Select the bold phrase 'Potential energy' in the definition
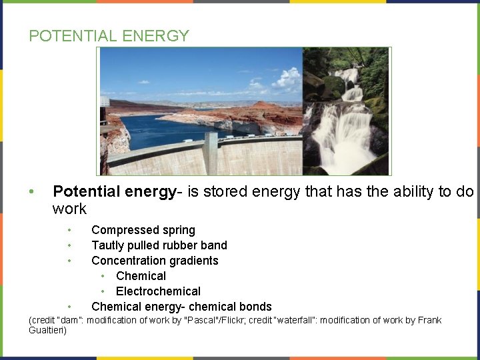pyautogui.click(x=114, y=192)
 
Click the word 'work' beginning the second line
pyautogui.click(x=69, y=209)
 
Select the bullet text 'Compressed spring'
pyautogui.click(x=143, y=230)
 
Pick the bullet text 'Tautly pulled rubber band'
pyautogui.click(x=159, y=245)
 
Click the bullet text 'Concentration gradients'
pyautogui.click(x=155, y=261)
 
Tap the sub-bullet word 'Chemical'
pyautogui.click(x=141, y=276)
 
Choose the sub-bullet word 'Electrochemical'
pyautogui.click(x=158, y=291)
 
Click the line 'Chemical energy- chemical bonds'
pyautogui.click(x=181, y=307)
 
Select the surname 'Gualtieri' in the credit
pyautogui.click(x=47, y=331)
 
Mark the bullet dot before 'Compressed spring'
pyautogui.click(x=69, y=231)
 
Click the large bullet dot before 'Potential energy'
pyautogui.click(x=31, y=193)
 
